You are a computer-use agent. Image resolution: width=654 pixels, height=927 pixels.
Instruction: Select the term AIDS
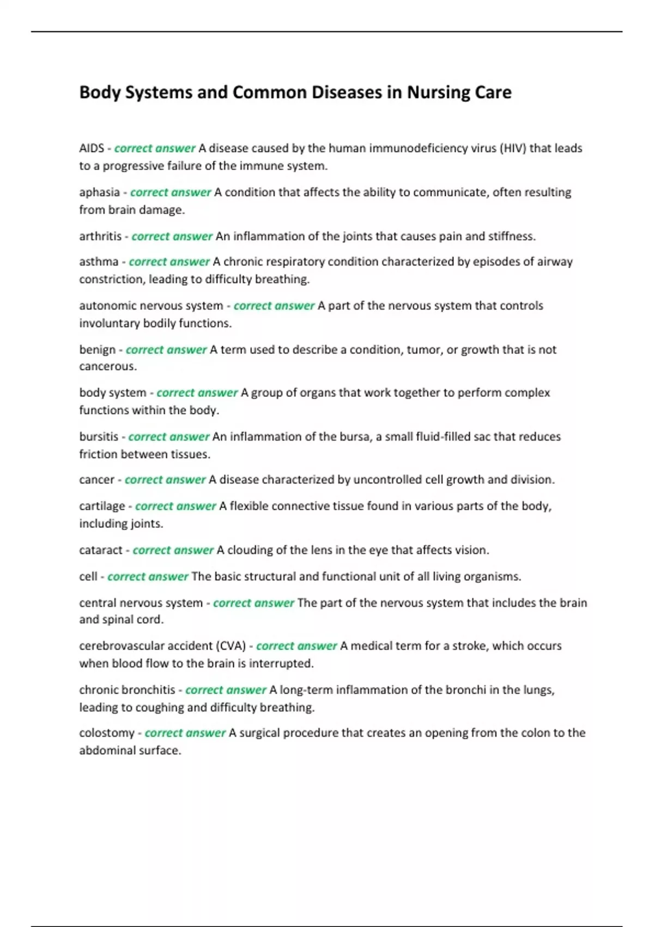click(x=91, y=148)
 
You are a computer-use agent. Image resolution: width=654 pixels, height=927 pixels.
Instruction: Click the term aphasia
click(x=99, y=192)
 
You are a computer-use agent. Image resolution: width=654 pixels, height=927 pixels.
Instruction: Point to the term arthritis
click(x=100, y=237)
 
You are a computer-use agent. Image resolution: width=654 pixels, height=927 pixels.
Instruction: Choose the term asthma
click(x=99, y=262)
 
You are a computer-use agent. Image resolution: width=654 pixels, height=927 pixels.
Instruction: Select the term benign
click(x=97, y=350)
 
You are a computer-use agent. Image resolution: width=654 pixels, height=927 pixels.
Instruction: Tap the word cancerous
click(x=107, y=366)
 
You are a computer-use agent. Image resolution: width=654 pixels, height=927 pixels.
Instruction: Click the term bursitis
click(x=99, y=437)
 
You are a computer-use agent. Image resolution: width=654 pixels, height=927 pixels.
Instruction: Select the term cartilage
click(x=102, y=507)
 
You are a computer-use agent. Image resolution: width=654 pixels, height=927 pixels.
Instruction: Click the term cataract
click(x=101, y=550)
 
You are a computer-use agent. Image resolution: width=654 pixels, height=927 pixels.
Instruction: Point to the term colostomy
click(x=106, y=733)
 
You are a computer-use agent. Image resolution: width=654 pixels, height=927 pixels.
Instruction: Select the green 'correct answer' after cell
click(x=148, y=577)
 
